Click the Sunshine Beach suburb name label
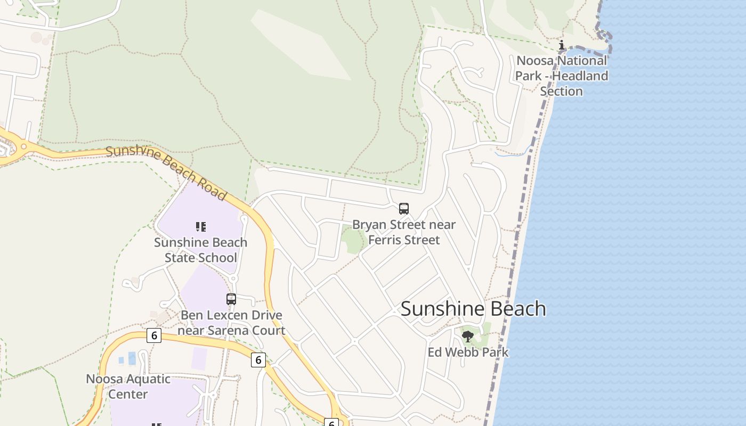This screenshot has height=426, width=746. tap(473, 309)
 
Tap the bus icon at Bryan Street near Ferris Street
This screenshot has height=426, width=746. tap(404, 209)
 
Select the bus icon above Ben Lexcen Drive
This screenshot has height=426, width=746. tap(231, 299)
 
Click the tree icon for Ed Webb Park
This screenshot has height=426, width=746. tap(468, 336)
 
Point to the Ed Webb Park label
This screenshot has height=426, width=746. tap(468, 352)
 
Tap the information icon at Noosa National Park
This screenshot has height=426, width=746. tap(561, 45)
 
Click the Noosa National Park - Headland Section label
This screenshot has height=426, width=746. tap(561, 76)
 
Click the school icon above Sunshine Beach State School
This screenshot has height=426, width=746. tap(200, 227)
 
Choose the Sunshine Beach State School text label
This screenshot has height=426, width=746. tap(200, 250)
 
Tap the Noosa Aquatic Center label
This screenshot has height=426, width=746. tap(128, 387)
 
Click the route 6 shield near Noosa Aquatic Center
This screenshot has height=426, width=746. tap(154, 335)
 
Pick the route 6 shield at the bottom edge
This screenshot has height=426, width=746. tap(331, 423)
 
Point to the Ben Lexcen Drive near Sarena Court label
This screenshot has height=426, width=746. tap(231, 322)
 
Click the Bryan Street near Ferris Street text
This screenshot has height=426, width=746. tap(404, 232)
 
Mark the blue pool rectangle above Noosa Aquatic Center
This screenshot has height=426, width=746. tap(132, 358)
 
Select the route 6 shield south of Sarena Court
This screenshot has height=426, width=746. tap(258, 360)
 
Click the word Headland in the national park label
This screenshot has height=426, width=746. tap(580, 76)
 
